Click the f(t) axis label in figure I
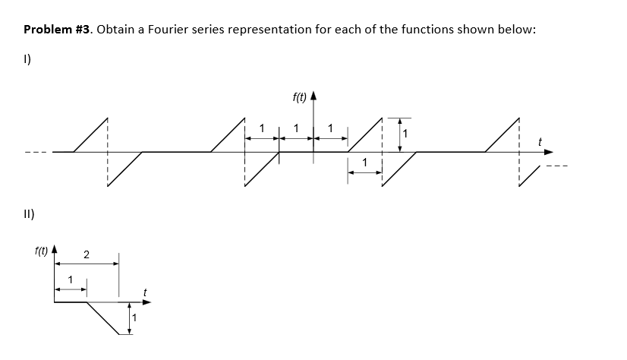(299, 97)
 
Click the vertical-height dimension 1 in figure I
(405, 134)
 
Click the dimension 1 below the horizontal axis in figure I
(365, 163)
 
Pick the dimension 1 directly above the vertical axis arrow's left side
(296, 128)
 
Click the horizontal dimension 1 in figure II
(71, 278)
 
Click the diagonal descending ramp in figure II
(103, 317)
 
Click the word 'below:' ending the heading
(519, 30)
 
